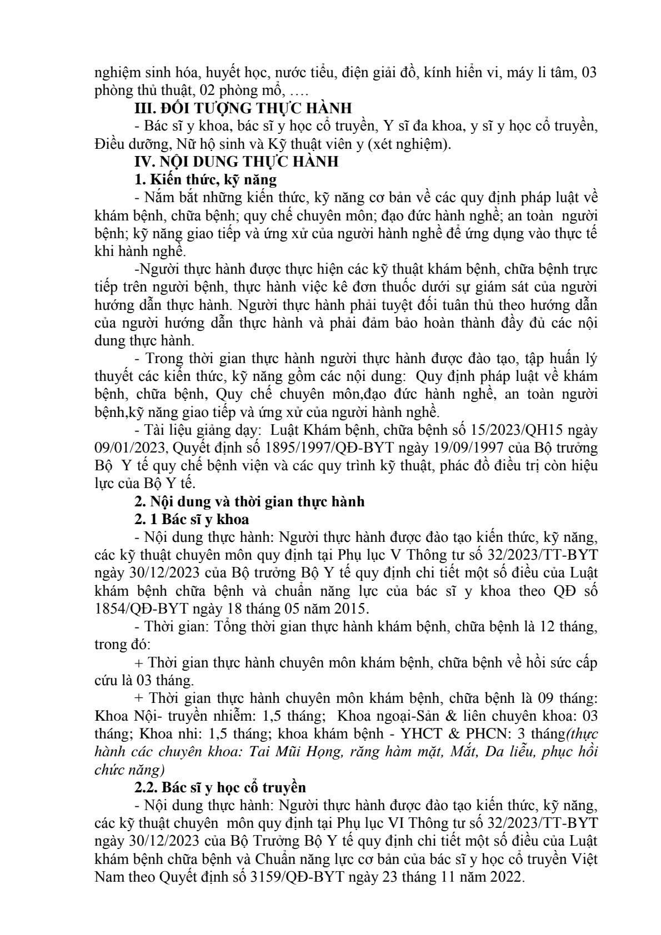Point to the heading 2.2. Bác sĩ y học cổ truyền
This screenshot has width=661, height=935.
(221, 787)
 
